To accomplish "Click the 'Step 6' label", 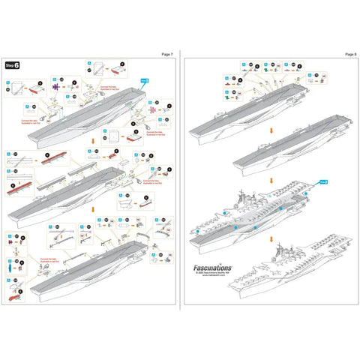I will coord(13,65).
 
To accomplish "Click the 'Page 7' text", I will coord(166,55).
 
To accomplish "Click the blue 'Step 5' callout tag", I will coord(144,79).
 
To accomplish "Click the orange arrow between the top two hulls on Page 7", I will coord(93,139).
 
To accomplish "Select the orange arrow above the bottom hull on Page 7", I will coord(93,211).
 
